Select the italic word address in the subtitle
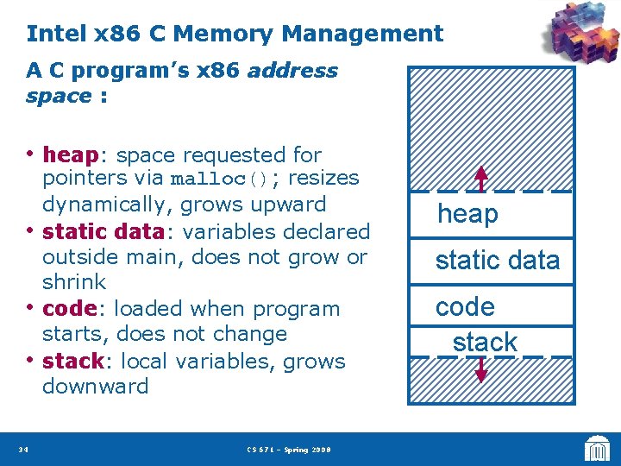coord(292,71)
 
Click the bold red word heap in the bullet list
coord(71,155)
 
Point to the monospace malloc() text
coord(221,180)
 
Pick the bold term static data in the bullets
coord(103,231)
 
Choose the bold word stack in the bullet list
coord(72,361)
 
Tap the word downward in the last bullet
coord(95,386)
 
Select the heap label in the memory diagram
coord(467,214)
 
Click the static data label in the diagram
coord(498,260)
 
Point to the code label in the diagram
coord(465,307)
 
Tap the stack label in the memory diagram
coord(485,342)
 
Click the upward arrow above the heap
coord(481,177)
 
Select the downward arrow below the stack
coord(481,369)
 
